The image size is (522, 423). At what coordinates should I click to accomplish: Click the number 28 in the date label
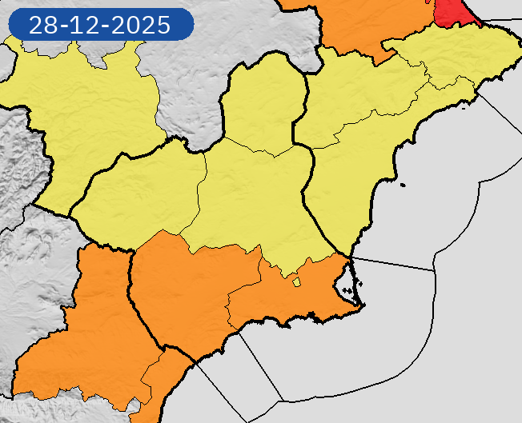coord(41,25)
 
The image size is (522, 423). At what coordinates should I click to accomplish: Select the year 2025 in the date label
coord(141,25)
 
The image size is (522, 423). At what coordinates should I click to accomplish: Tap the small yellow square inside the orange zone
coord(296,281)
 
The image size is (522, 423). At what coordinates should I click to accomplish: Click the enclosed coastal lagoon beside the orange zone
coord(343,279)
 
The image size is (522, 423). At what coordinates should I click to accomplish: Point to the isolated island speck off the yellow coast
coord(403,186)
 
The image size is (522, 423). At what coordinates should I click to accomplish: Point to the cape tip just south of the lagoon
coord(360,305)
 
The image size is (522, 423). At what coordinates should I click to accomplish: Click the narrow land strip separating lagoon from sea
coord(352,276)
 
